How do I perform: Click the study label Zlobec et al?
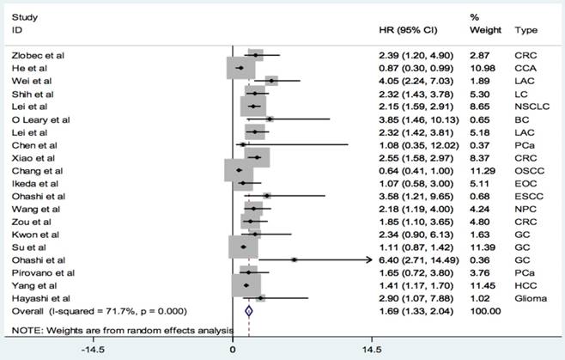click(35, 54)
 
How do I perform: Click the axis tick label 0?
click(234, 350)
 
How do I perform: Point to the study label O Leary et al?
click(39, 119)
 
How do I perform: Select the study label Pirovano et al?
click(39, 272)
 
